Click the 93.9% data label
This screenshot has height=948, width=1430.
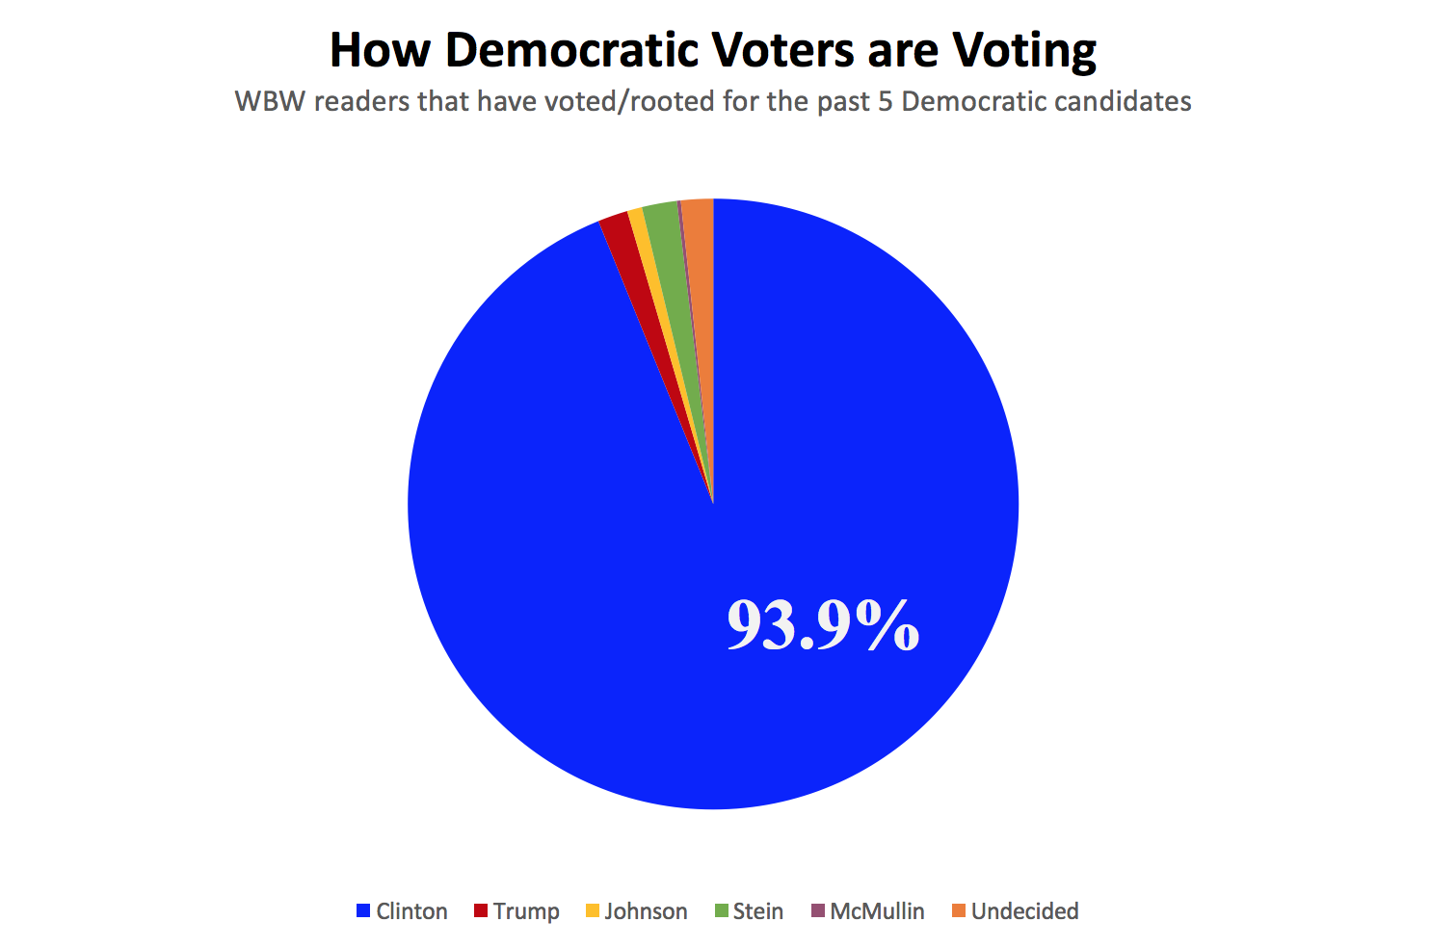click(823, 625)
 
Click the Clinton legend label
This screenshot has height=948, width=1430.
click(411, 911)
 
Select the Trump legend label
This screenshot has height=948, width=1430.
click(526, 911)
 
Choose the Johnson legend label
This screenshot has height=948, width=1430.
click(646, 911)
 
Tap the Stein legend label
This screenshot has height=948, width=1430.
click(757, 911)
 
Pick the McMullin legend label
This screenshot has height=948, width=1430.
click(877, 911)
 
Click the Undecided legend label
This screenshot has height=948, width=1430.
click(1024, 911)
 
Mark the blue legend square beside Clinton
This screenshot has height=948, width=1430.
click(363, 910)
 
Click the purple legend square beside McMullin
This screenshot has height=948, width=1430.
click(818, 910)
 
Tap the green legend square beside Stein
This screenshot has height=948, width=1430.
click(721, 910)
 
